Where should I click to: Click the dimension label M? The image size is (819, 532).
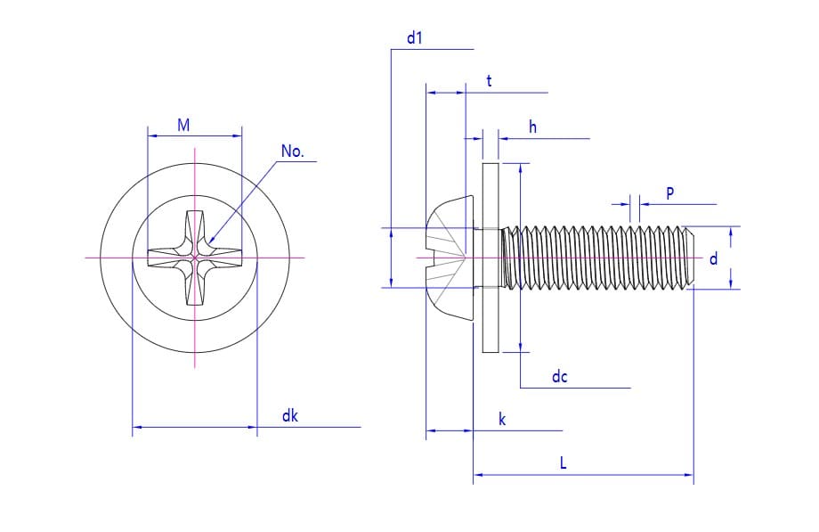tap(183, 126)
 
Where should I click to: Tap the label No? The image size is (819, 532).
tap(292, 151)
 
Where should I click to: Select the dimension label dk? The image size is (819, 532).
tap(290, 416)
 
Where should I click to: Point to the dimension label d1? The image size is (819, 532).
tap(414, 38)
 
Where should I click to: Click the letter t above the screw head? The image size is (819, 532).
tap(489, 81)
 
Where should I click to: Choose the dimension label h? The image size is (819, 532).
tap(532, 127)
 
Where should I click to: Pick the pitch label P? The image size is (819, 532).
tap(669, 193)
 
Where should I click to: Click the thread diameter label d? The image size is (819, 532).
tap(712, 259)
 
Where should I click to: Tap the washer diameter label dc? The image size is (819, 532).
tap(559, 377)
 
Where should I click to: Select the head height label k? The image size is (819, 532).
tap(502, 420)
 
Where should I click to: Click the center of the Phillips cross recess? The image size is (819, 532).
tap(195, 258)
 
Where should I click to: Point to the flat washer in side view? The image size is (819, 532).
tap(490, 258)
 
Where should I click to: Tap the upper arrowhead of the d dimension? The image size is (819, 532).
tap(731, 231)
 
